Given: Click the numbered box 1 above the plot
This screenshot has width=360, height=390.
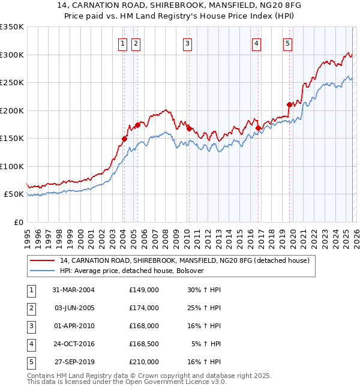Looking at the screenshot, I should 122,43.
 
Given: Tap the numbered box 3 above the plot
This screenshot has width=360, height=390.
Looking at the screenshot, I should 188,43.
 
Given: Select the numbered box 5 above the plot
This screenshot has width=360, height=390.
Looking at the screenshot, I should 288,43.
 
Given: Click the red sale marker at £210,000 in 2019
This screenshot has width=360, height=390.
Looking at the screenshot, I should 289,104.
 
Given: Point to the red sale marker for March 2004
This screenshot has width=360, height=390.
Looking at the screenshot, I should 125,139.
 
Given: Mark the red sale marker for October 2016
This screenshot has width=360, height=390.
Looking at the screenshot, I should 258,128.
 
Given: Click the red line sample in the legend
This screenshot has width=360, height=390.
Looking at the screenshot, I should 43,261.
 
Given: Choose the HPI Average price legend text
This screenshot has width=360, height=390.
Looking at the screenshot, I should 132,271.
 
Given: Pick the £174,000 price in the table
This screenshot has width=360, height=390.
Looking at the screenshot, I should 144,308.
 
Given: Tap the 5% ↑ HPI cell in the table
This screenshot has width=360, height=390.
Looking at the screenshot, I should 207,344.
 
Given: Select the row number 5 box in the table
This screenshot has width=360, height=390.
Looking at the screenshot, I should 30,362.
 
